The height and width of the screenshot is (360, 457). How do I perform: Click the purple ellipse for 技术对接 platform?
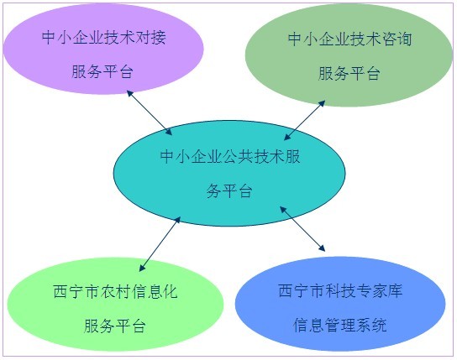click(102, 49)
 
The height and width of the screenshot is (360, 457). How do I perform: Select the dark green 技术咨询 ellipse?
click(349, 55)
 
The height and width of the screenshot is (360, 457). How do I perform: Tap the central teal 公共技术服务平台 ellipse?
click(229, 173)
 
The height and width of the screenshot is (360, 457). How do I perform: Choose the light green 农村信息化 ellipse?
click(115, 304)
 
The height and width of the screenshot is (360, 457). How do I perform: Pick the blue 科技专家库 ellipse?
click(340, 304)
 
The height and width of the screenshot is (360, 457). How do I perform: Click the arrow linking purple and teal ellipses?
click(150, 112)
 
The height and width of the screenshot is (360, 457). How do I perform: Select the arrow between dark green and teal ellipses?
click(305, 121)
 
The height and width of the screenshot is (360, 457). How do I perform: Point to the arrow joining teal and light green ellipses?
click(160, 244)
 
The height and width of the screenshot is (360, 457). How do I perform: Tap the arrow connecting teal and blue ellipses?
click(302, 228)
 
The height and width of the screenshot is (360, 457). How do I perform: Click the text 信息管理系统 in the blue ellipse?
click(340, 325)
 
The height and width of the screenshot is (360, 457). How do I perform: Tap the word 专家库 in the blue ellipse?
click(379, 290)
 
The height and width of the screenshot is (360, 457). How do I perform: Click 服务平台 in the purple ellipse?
click(102, 71)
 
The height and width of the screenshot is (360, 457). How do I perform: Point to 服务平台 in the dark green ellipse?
click(349, 73)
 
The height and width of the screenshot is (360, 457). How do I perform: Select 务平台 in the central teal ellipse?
click(229, 191)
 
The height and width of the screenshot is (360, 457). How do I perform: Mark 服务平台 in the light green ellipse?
click(115, 326)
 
